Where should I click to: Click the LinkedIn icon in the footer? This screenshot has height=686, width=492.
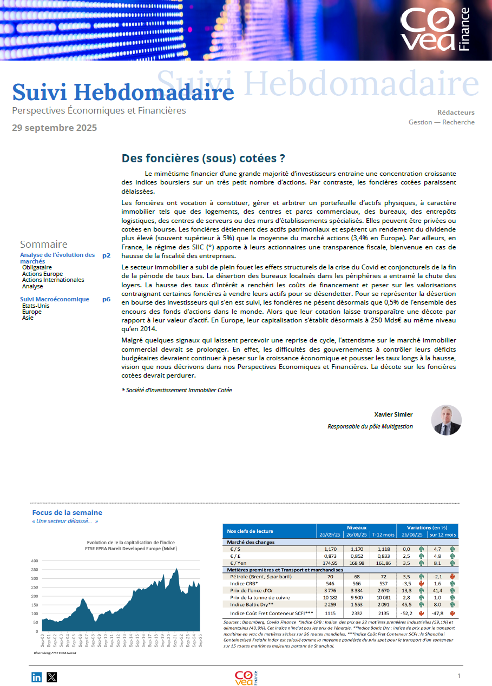(37, 676)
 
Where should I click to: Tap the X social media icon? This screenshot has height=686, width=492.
(52, 676)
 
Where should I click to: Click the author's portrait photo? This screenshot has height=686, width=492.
(447, 420)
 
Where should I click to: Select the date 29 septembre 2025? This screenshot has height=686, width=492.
(55, 128)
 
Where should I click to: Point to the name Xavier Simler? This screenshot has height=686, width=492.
(393, 414)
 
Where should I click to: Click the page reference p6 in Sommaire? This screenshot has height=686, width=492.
(106, 299)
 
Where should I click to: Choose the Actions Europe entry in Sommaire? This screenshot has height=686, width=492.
(42, 274)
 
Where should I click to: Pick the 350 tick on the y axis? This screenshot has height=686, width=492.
(35, 570)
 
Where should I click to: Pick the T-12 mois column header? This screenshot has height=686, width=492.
(384, 535)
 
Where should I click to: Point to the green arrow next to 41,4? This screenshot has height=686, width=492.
(452, 590)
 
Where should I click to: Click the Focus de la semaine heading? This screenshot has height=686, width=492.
(67, 512)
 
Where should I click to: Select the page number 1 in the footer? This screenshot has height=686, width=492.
(459, 676)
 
